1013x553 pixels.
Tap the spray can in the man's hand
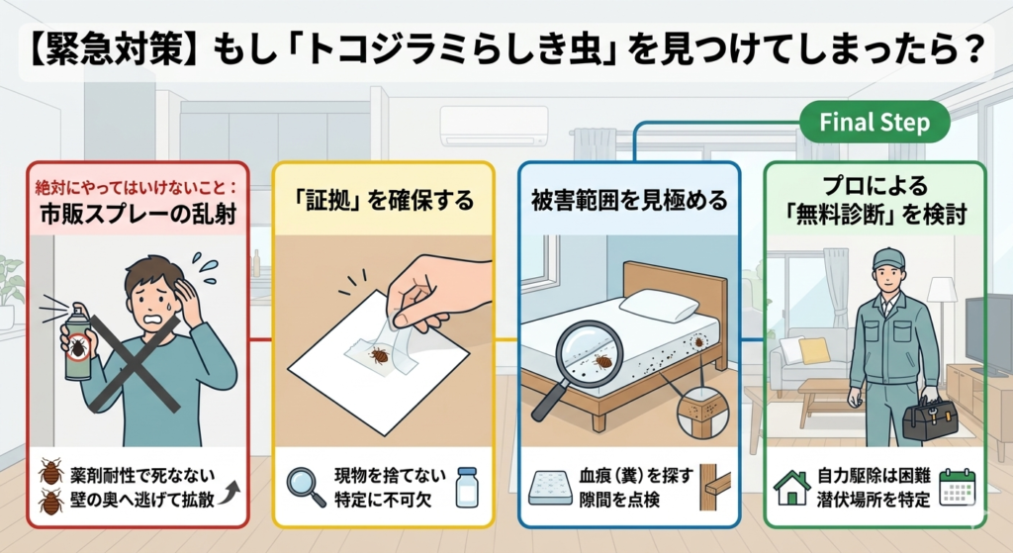[x=76, y=341]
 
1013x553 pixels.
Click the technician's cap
[x=888, y=258]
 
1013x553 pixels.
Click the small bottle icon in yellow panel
[x=466, y=487]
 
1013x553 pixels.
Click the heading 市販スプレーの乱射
[x=138, y=214]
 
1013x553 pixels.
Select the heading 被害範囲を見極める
[x=628, y=201]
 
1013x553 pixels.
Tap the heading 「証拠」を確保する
[x=383, y=201]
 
